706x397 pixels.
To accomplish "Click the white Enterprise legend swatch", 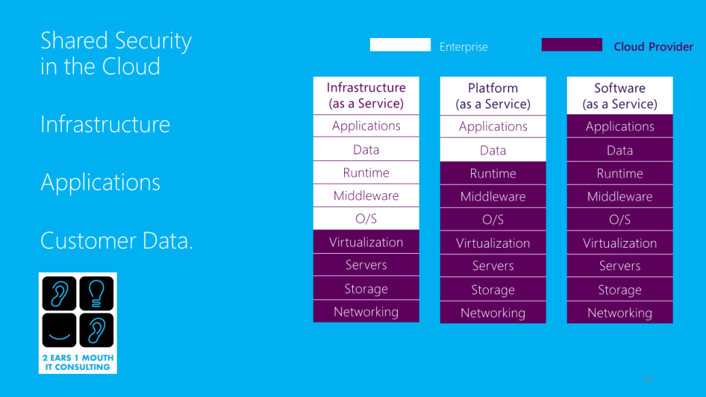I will (400, 45).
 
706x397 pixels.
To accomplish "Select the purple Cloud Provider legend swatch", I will (572, 45).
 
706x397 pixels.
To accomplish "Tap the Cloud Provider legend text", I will (653, 47).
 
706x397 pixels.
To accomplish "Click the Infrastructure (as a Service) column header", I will (366, 96).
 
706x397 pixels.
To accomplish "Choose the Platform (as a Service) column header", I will (493, 96).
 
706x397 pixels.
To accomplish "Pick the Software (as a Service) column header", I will (620, 96).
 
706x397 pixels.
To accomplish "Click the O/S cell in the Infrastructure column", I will (366, 219).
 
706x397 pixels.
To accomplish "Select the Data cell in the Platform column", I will (493, 150).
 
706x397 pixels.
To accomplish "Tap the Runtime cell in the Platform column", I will (493, 173).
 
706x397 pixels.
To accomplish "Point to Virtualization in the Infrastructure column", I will (366, 242).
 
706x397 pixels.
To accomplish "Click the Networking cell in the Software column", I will (620, 313).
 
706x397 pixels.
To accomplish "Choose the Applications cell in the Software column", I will (620, 126).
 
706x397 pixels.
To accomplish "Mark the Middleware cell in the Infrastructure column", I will (366, 195).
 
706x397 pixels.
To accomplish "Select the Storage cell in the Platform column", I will (493, 290).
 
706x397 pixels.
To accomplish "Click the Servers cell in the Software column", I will (620, 266).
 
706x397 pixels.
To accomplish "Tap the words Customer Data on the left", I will (116, 241).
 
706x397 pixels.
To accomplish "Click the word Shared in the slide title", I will (73, 41).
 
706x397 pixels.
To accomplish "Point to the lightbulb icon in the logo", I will (96, 293).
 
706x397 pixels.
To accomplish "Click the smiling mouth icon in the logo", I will (59, 330).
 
